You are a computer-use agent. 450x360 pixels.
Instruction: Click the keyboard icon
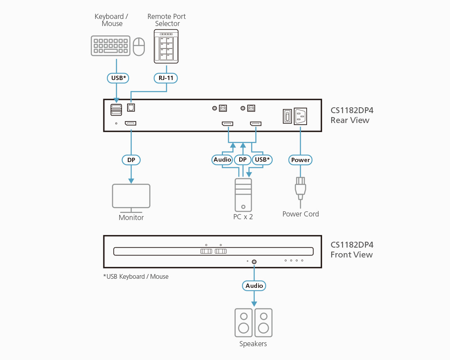click(x=111, y=46)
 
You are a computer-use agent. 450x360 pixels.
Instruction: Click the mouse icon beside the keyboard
click(x=139, y=47)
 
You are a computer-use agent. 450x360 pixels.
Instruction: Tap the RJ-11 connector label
click(x=166, y=78)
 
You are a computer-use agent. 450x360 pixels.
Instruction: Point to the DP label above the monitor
click(x=131, y=160)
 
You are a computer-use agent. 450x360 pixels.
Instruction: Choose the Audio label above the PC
click(x=222, y=160)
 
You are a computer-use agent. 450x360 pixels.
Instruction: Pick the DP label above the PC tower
click(x=243, y=160)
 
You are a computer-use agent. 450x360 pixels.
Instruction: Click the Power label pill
click(x=300, y=160)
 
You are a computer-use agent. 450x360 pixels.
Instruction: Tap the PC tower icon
click(x=243, y=195)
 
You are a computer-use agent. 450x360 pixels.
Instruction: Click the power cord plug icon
click(x=300, y=188)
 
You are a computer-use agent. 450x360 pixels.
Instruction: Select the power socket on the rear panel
click(x=300, y=116)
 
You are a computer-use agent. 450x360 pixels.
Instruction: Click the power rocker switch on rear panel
click(x=287, y=116)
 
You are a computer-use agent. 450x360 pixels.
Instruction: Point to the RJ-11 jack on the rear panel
click(x=131, y=107)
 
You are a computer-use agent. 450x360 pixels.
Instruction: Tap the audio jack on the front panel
click(x=254, y=261)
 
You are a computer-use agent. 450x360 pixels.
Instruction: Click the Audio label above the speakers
click(x=254, y=285)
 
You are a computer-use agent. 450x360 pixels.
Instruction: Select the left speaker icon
click(x=244, y=323)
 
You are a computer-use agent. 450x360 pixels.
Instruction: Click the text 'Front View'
click(x=351, y=255)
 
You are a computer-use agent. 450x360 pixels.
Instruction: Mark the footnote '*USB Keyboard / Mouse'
click(x=136, y=277)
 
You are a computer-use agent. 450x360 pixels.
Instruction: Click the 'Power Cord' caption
click(x=300, y=214)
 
